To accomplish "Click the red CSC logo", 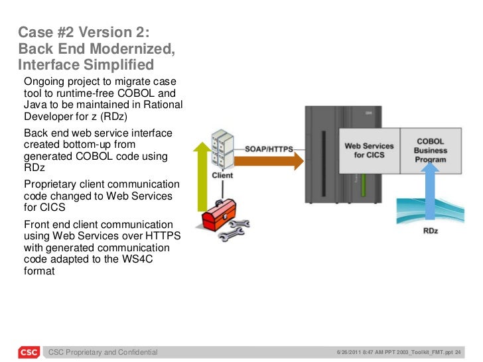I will pyautogui.click(x=28, y=351).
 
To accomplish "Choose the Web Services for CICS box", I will pyautogui.click(x=369, y=151).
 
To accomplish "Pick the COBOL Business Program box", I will pyautogui.click(x=430, y=151).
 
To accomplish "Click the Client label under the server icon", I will pyautogui.click(x=222, y=176).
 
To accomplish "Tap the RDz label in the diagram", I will pyautogui.click(x=430, y=231).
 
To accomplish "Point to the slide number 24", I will pyautogui.click(x=458, y=351).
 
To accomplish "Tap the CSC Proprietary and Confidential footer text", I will pyautogui.click(x=103, y=352).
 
